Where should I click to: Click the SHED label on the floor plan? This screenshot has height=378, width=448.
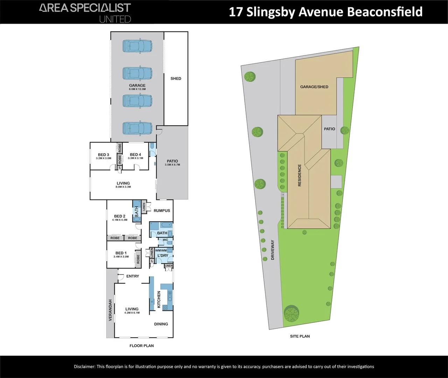[x=176, y=78]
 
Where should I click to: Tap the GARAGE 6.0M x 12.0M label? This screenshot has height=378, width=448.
[x=137, y=87]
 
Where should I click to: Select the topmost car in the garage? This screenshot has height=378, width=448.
[x=137, y=46]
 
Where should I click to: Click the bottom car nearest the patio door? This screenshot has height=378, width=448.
[x=137, y=128]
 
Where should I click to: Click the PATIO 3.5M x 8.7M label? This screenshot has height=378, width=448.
[x=172, y=162]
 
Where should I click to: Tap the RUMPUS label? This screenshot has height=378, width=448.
[x=162, y=211]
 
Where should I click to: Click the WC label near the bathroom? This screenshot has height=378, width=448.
[x=165, y=240]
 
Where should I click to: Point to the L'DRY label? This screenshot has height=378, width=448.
[x=163, y=255]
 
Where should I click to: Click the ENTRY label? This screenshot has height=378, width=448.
[x=133, y=276]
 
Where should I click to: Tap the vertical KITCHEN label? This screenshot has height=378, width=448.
[x=159, y=300]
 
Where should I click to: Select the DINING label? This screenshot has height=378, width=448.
[x=161, y=324]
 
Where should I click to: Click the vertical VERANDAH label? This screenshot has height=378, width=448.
[x=110, y=310]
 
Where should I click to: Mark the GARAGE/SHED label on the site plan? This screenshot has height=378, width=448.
[x=314, y=87]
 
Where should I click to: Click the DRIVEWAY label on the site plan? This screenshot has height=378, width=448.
[x=273, y=250]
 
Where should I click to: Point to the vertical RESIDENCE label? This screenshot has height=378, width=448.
[x=299, y=175]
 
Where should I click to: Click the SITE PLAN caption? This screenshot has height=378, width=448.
[x=300, y=336]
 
